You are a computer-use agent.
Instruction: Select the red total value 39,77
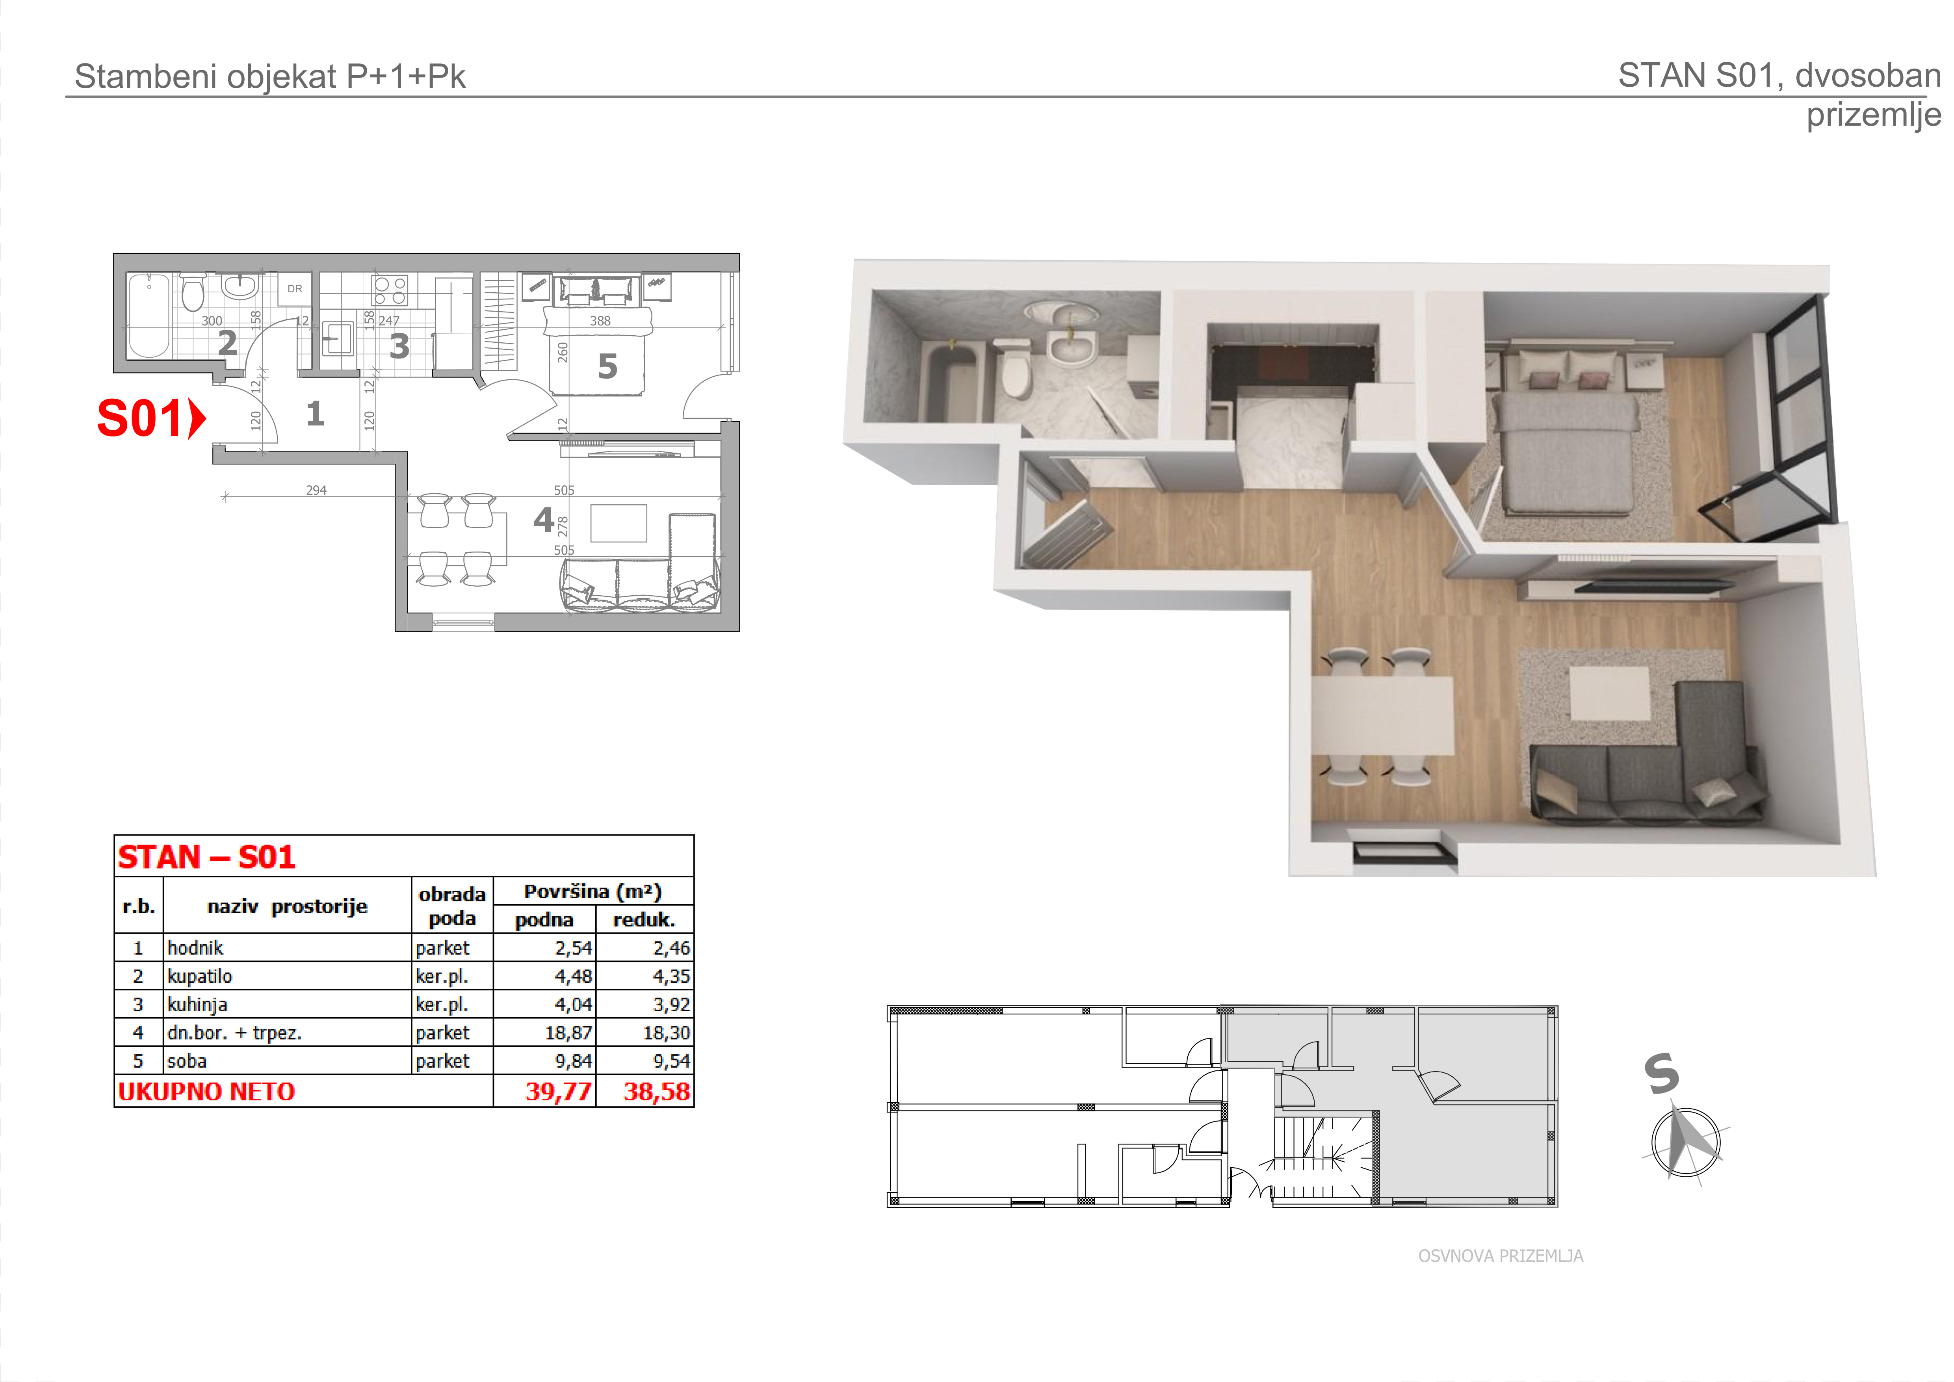(x=558, y=1092)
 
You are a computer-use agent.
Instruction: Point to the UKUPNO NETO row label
(x=207, y=1092)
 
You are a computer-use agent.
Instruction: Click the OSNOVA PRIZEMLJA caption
(x=1501, y=1256)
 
